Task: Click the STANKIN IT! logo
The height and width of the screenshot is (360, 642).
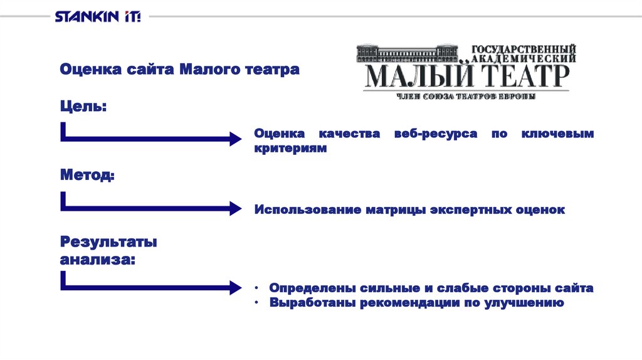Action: point(97,16)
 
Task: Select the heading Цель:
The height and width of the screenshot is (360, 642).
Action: point(83,107)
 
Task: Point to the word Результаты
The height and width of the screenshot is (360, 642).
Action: point(108,241)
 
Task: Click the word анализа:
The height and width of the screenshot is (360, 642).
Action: point(97,258)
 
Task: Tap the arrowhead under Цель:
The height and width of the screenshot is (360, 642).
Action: point(234,139)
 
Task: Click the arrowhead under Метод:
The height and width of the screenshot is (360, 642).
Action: point(234,208)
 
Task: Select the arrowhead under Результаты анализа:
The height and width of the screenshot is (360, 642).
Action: point(234,287)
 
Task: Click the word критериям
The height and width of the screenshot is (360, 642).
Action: point(291,149)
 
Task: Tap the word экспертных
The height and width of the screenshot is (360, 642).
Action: point(471,209)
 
